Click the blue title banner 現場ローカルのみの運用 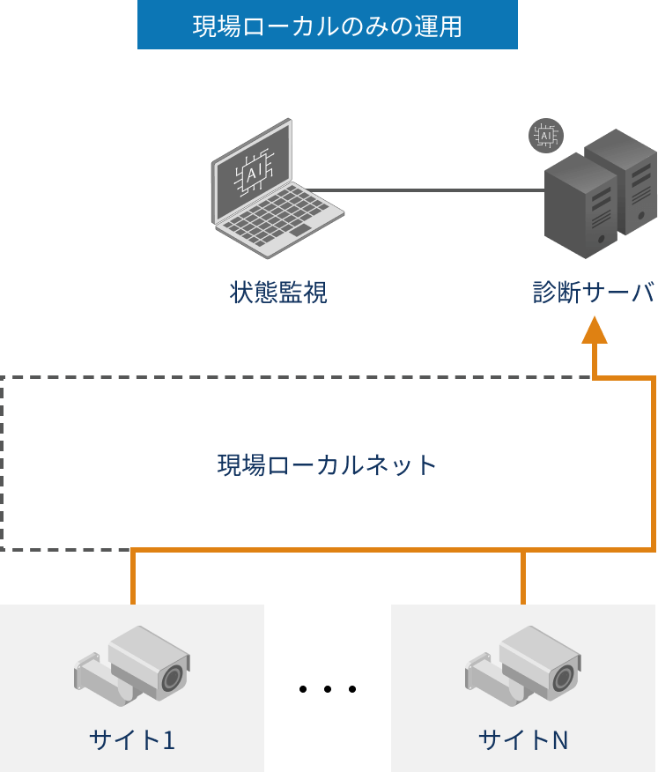(327, 26)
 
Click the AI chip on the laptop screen (253, 173)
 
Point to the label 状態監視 (278, 293)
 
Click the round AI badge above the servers (545, 136)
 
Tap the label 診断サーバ (594, 293)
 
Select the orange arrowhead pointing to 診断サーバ (595, 329)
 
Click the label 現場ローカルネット (328, 464)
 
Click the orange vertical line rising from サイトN (523, 578)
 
